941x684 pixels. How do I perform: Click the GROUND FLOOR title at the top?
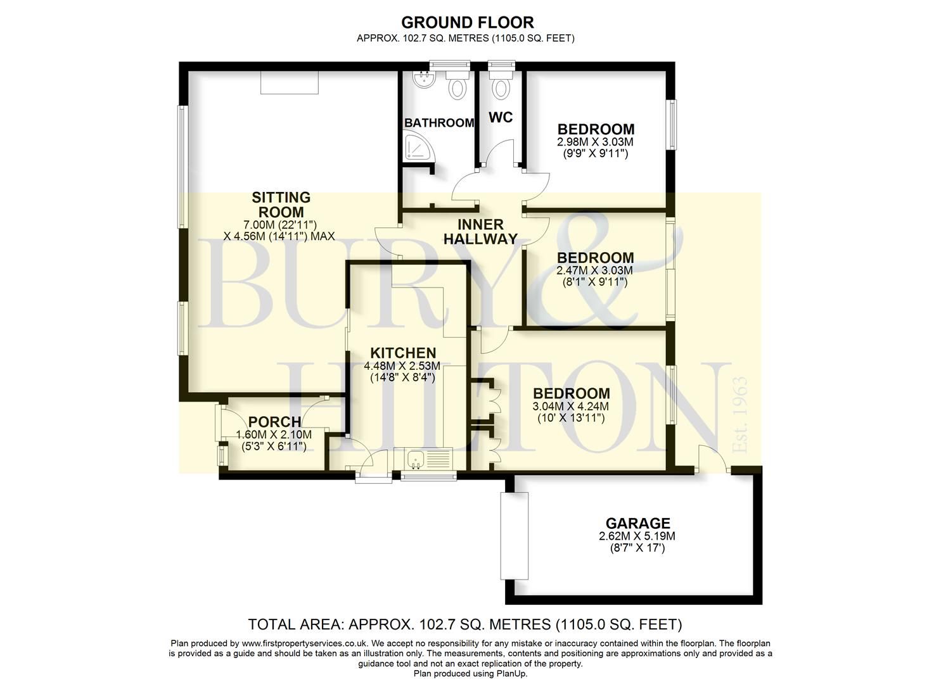pos(467,23)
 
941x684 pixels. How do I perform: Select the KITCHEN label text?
pos(403,353)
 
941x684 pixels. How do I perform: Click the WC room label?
pos(500,118)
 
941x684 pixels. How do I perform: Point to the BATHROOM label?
pos(438,123)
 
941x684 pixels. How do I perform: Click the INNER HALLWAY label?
pos(480,232)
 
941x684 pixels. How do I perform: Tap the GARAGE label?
pos(637,523)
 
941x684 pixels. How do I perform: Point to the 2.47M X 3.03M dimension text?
pos(594,270)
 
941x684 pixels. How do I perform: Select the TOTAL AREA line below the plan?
pos(464,624)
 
